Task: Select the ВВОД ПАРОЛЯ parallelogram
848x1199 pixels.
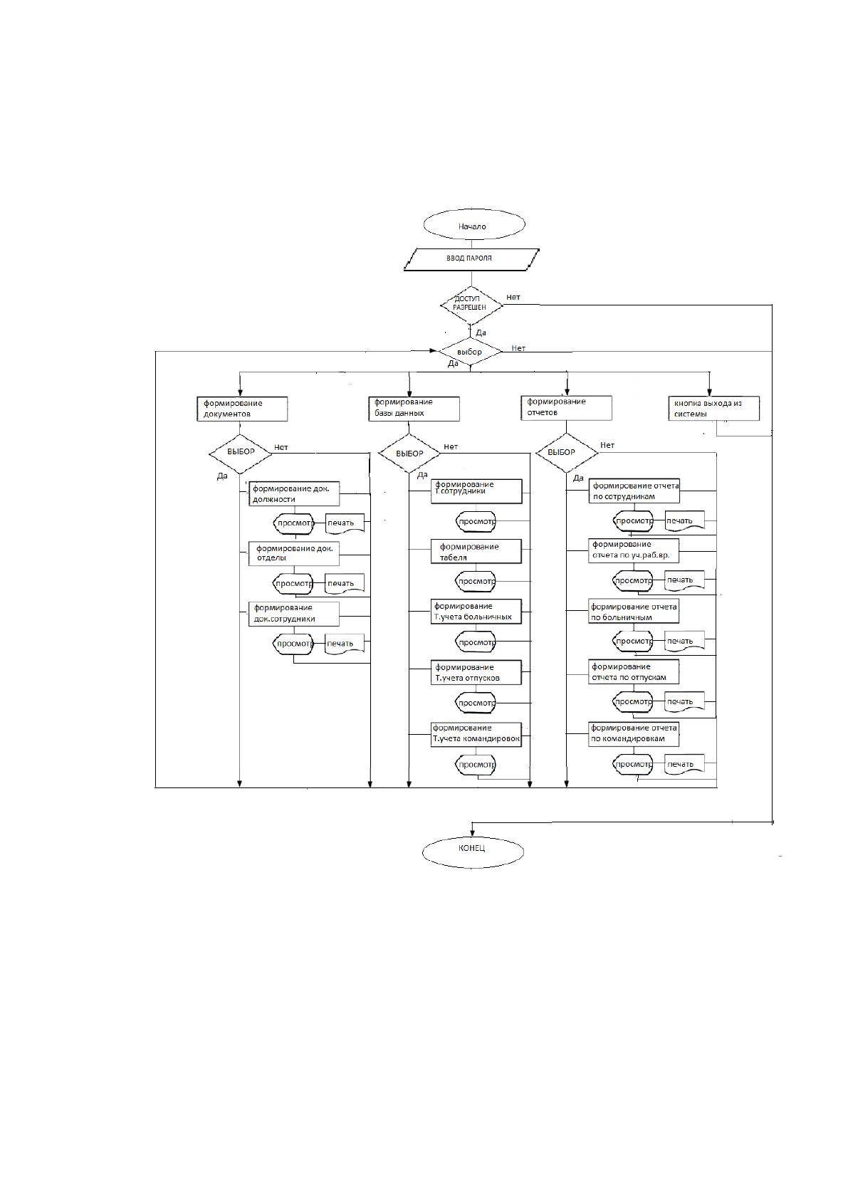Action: [471, 259]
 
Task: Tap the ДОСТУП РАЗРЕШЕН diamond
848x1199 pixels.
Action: [471, 305]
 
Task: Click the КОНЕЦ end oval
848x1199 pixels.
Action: [473, 852]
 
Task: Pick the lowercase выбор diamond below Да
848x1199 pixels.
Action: [470, 352]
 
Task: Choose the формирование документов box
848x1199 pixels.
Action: [242, 409]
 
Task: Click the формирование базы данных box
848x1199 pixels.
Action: [414, 409]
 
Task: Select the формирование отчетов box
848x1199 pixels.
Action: [567, 407]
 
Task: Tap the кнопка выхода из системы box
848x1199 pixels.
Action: [713, 409]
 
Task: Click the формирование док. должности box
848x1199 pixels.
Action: [294, 493]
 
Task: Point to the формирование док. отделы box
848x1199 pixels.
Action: [294, 553]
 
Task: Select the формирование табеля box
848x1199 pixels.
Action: [476, 551]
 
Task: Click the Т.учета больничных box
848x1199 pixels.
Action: [476, 612]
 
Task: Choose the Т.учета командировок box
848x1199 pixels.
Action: [476, 734]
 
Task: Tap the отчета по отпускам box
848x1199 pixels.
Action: [634, 671]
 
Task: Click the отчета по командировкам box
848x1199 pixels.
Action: [634, 734]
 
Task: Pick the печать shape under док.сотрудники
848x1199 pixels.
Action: [345, 644]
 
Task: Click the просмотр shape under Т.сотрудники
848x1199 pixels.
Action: [476, 521]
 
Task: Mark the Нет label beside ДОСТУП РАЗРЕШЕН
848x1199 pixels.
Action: [513, 297]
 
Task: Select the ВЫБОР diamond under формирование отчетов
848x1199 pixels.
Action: [567, 453]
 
